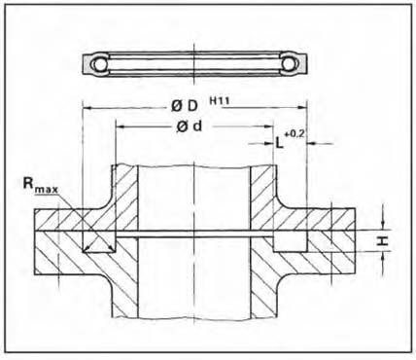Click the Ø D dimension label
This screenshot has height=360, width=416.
[184, 106]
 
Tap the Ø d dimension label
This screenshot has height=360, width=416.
[190, 126]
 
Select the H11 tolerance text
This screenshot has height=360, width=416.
[220, 100]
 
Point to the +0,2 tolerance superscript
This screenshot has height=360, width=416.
[295, 133]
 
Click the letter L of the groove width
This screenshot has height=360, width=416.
[279, 142]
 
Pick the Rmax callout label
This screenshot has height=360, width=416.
[40, 185]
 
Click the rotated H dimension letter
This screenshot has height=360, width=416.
[383, 240]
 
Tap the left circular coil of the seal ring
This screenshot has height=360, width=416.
[100, 64]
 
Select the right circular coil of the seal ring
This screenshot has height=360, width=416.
[288, 64]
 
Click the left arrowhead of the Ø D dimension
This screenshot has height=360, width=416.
[87, 108]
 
